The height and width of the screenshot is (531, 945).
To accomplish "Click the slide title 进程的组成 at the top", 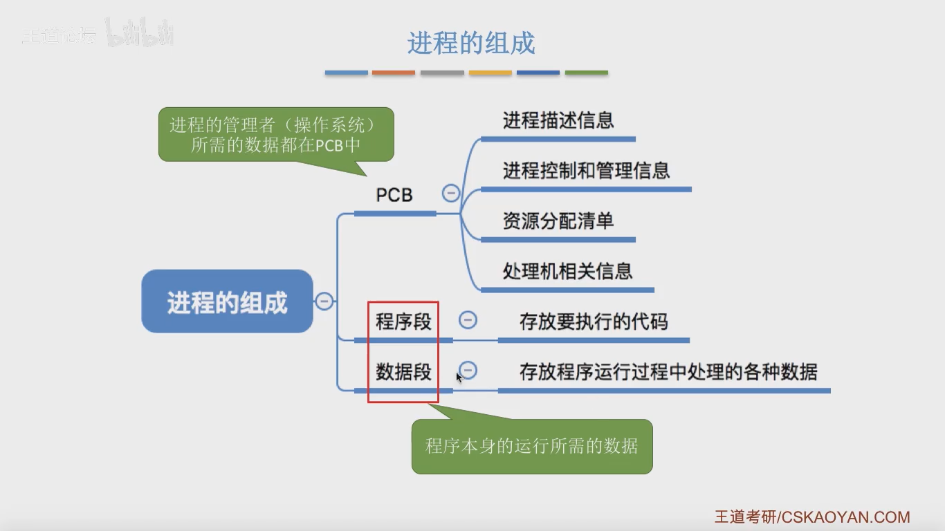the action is tap(471, 43).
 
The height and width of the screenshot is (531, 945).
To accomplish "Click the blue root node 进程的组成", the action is tap(228, 301).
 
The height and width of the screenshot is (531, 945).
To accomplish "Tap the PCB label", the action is tap(394, 195).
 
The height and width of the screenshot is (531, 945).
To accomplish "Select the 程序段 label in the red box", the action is tap(403, 322).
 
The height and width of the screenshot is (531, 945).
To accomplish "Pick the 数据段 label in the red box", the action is tap(403, 371).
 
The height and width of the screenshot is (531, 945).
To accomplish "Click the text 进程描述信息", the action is tap(558, 120).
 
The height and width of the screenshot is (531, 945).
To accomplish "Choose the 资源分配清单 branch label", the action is tap(558, 221).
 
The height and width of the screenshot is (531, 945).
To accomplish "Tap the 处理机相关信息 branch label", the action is tap(567, 271).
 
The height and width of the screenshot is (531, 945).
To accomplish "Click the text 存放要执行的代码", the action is tap(594, 322).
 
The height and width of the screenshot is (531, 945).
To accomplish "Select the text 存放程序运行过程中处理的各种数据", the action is tap(668, 371).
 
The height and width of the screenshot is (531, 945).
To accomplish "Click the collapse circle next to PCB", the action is tap(450, 193).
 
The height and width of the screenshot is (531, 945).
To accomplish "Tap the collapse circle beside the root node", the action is tap(324, 301).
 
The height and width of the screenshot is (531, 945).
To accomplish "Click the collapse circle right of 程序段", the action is tap(468, 320).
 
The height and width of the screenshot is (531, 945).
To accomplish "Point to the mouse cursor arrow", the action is tap(459, 377).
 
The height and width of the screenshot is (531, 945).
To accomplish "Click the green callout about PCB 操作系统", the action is tap(276, 135).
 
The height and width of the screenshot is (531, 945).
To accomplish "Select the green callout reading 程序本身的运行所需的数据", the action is tap(532, 446).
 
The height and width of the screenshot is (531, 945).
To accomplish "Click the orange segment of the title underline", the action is tap(393, 73).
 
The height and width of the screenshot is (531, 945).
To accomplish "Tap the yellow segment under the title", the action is tap(490, 73).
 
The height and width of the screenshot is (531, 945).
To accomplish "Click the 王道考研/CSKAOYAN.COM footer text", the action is tap(812, 516).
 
